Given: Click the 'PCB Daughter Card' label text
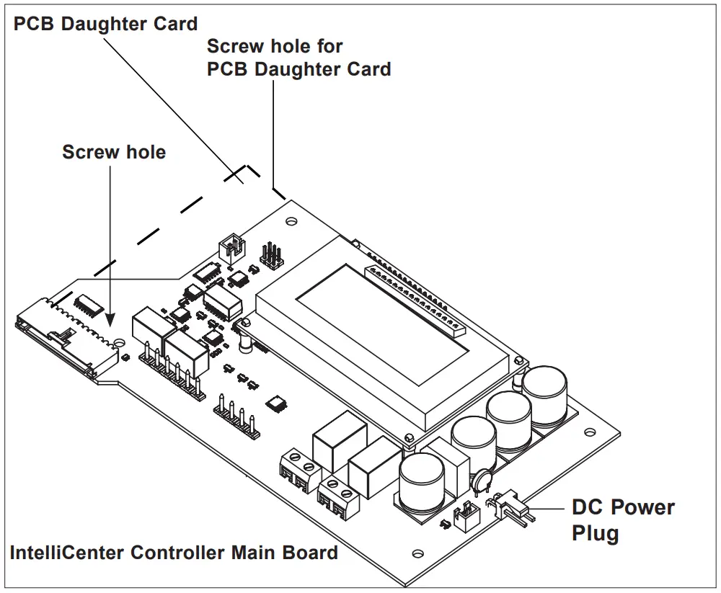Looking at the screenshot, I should tap(106, 24).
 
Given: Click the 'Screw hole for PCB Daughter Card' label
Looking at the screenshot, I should tap(298, 58).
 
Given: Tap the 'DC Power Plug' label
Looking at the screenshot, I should tap(622, 520).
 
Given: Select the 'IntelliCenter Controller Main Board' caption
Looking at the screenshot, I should tap(174, 553).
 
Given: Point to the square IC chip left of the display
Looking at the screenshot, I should tap(275, 403).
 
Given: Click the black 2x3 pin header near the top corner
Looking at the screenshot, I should tap(272, 255).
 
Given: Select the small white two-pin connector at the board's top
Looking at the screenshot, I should tap(231, 249).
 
